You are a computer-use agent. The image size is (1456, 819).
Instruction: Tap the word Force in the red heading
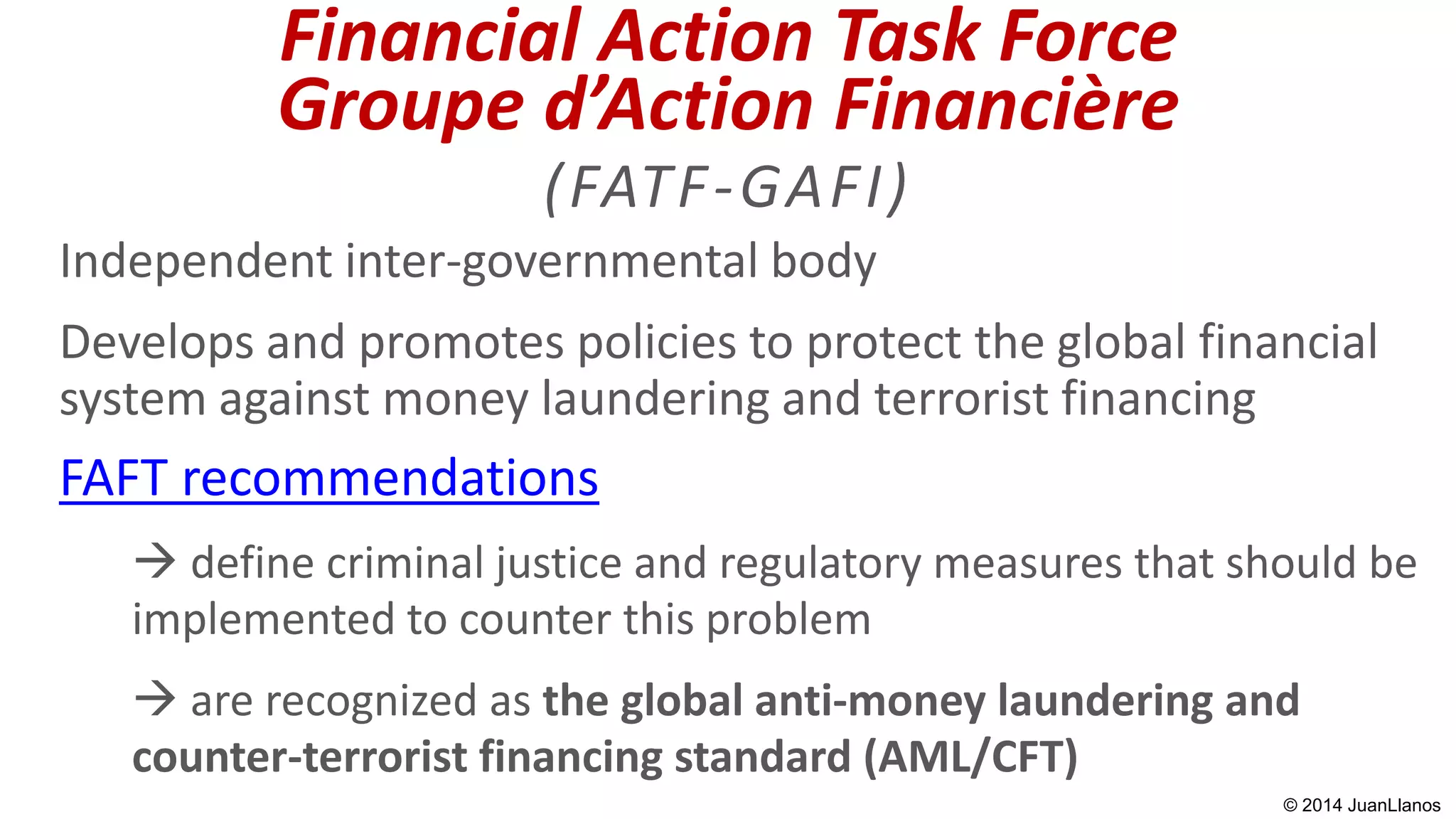tap(1088, 37)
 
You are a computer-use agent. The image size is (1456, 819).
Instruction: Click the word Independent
tap(196, 262)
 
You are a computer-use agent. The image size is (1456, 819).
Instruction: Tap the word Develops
tap(156, 343)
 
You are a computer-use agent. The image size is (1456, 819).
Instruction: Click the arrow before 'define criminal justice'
tap(155, 562)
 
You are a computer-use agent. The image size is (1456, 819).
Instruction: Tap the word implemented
tap(263, 619)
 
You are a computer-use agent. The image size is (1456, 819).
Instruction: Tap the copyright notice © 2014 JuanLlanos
tap(1361, 805)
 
